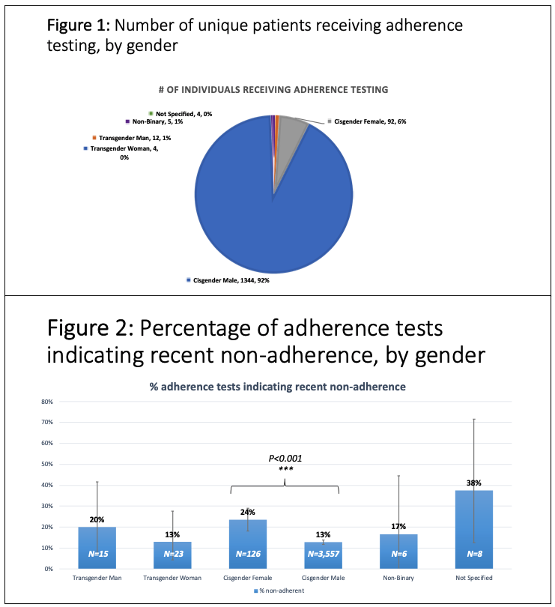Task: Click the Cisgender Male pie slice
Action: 270,217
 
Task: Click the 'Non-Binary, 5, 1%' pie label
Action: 156,121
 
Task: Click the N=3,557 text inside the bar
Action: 324,555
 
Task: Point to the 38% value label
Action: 475,483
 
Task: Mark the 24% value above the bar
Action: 248,513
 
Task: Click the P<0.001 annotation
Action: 285,458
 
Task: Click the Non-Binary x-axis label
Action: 398,578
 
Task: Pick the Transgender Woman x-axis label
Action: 173,578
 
